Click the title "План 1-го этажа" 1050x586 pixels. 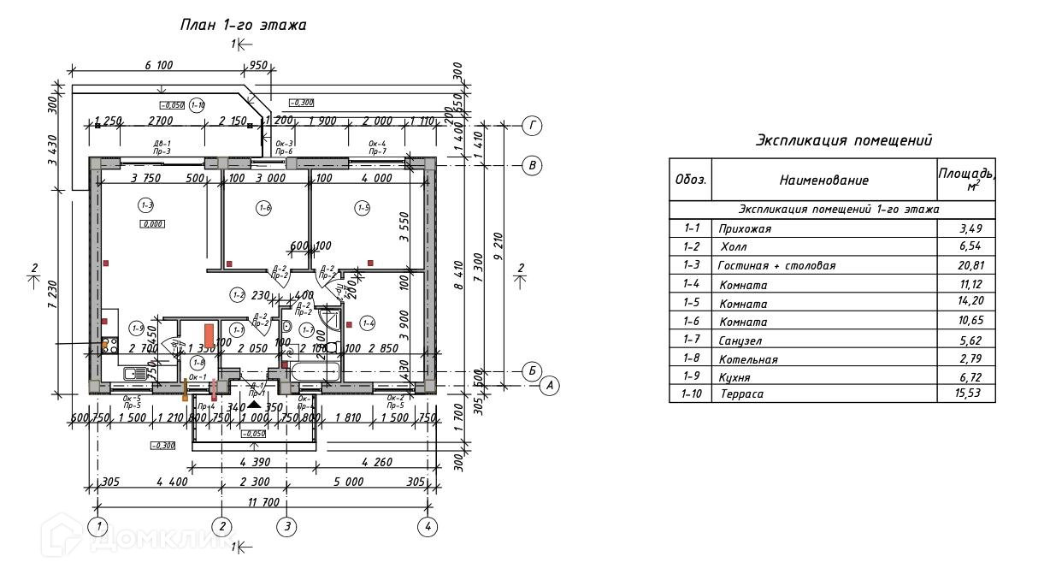(x=244, y=25)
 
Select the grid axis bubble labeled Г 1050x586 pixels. (x=532, y=127)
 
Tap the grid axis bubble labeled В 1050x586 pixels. (x=532, y=165)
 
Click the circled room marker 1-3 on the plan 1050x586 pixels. (x=146, y=205)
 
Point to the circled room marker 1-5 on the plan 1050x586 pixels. (x=363, y=207)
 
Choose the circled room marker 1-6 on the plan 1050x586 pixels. (x=264, y=207)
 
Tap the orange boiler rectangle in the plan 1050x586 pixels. (x=209, y=334)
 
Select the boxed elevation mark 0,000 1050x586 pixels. (x=152, y=224)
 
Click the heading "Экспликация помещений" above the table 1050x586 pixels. (x=844, y=140)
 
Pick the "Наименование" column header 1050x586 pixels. (x=823, y=180)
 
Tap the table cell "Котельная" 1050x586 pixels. (x=749, y=359)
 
